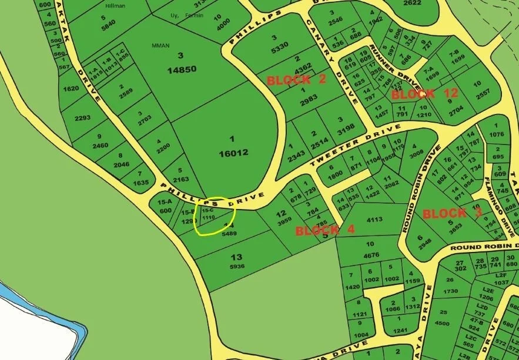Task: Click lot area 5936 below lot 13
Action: [x=236, y=266]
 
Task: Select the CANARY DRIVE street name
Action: [x=333, y=59]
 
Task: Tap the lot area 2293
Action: [x=82, y=117]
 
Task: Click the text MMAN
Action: [x=160, y=45]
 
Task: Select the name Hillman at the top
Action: [x=115, y=6]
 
